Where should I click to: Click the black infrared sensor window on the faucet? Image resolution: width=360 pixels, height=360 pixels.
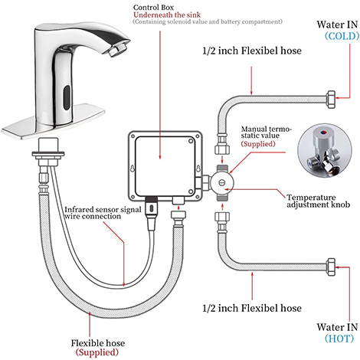(67, 97)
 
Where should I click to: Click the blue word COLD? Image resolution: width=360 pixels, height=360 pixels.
(342, 36)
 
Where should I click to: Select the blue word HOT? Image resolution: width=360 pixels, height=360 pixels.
(339, 339)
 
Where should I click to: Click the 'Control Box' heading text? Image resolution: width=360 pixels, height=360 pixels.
(153, 8)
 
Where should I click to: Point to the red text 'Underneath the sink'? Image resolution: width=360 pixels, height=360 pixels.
(167, 15)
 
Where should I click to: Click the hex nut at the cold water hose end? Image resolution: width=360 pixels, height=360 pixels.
(331, 100)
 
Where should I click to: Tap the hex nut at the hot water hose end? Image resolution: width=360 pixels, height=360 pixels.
(331, 267)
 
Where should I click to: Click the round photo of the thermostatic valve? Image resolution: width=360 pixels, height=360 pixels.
(325, 151)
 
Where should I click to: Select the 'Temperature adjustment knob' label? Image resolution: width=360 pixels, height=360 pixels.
(318, 201)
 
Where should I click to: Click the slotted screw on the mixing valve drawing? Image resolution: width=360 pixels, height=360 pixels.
(222, 182)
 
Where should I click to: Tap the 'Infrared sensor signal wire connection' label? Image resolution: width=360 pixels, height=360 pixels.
(103, 213)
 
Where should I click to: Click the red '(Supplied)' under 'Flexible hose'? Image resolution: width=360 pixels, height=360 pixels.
(97, 352)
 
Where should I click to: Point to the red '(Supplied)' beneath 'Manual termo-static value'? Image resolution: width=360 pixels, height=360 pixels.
(258, 144)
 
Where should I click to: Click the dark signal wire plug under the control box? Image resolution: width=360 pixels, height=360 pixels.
(152, 207)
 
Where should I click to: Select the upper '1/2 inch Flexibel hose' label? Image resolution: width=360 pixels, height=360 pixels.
(252, 51)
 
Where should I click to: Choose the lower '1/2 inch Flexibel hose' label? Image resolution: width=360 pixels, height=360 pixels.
(252, 308)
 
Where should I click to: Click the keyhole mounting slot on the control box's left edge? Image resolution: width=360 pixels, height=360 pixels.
(133, 169)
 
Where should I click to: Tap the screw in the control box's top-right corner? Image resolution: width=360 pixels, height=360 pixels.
(191, 141)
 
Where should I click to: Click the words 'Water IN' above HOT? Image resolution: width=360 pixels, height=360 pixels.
(337, 327)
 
